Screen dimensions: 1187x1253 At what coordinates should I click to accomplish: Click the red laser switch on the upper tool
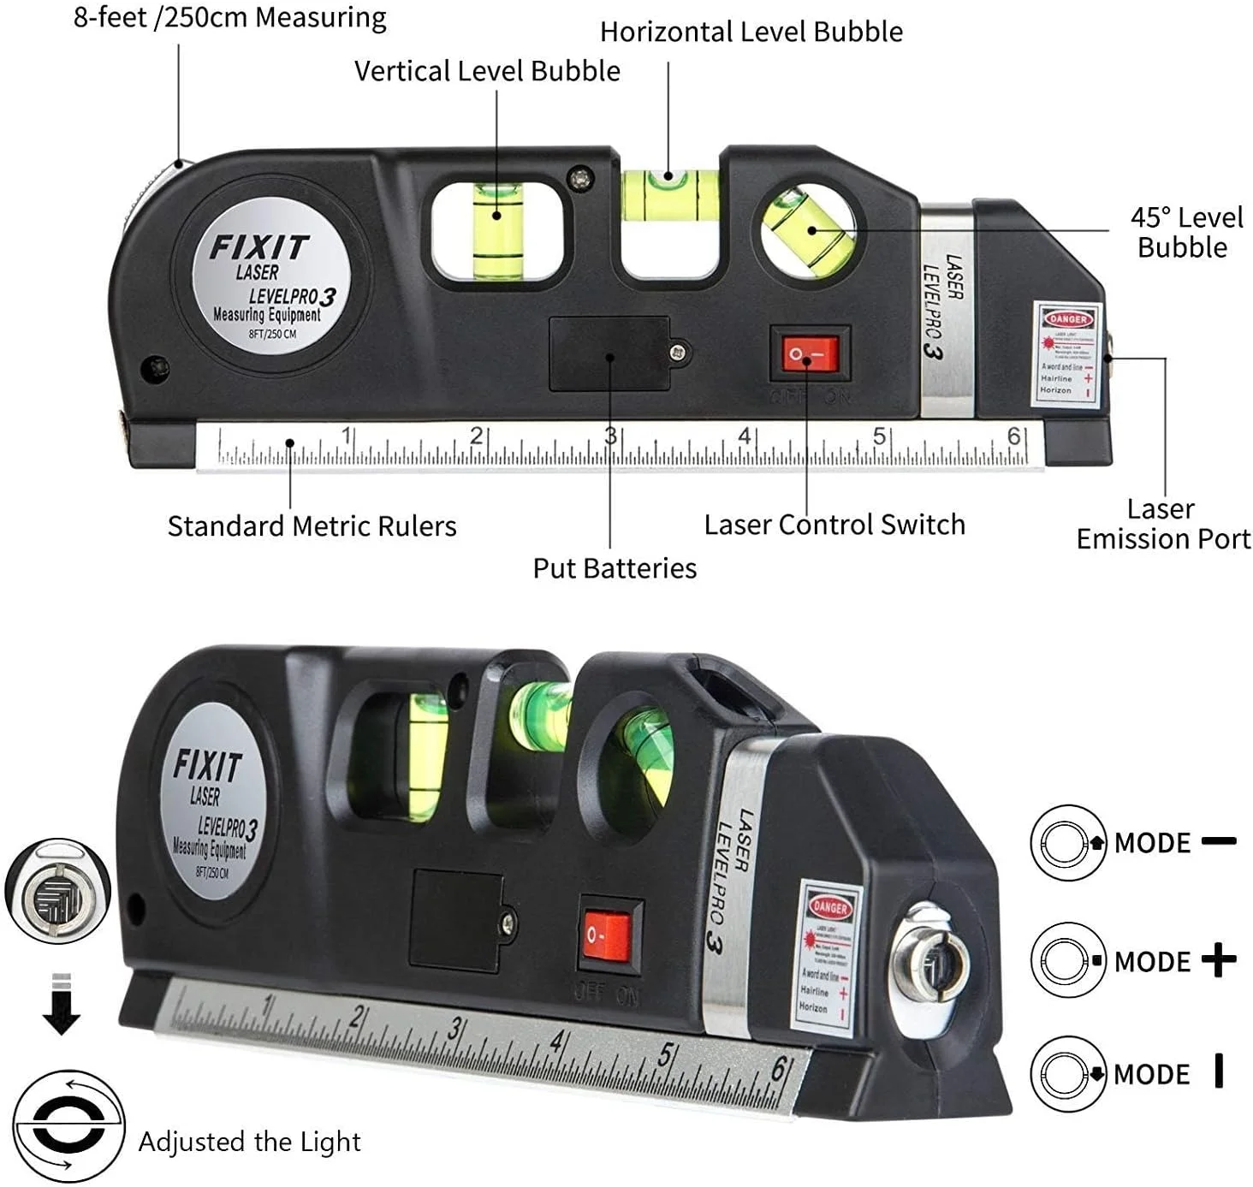coord(810,353)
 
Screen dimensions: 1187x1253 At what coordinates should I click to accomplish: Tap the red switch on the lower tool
coord(609,936)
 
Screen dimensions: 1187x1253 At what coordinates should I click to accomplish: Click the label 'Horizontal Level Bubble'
coord(751,32)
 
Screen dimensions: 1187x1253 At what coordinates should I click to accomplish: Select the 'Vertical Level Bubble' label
coord(487,71)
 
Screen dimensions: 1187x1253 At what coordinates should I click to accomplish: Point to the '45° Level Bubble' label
coord(1185,232)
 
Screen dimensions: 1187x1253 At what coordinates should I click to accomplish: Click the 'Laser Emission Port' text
coord(1162,524)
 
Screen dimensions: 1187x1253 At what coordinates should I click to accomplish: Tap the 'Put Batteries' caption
coord(614,568)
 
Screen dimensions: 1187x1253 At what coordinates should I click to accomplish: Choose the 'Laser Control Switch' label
coord(834,525)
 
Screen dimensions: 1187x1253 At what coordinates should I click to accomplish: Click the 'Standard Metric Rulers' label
coord(312,526)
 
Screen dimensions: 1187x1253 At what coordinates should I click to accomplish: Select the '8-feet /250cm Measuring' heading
coord(229,17)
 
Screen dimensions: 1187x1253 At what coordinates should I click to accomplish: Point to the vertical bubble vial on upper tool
coord(497,229)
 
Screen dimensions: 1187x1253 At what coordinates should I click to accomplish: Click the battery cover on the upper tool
coord(609,353)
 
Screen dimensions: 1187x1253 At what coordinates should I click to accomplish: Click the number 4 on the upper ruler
coord(744,436)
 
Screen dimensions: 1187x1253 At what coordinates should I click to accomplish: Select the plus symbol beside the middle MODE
coord(1218,960)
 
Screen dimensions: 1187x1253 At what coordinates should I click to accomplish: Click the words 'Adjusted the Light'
coord(249,1142)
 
